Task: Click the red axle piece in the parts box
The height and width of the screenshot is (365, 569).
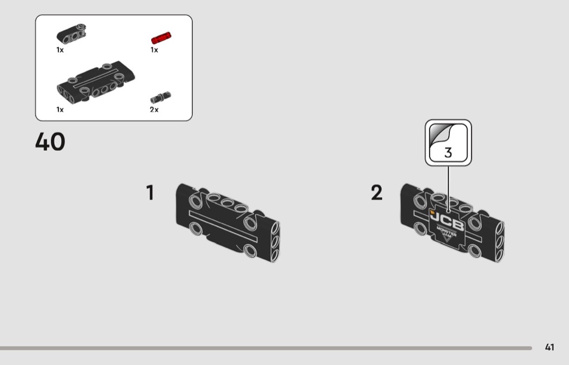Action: pyautogui.click(x=161, y=38)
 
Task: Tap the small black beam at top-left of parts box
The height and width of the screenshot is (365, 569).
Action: pyautogui.click(x=72, y=34)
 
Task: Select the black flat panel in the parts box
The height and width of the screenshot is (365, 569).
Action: pyautogui.click(x=96, y=82)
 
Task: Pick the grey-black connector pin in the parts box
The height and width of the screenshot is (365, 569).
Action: pyautogui.click(x=160, y=97)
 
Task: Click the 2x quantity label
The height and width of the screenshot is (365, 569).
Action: pyautogui.click(x=154, y=110)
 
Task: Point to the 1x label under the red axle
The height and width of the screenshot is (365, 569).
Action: pyautogui.click(x=154, y=50)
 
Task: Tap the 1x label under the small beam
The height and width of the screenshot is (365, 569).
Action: pyautogui.click(x=60, y=50)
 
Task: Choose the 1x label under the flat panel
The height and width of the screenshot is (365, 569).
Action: pyautogui.click(x=60, y=110)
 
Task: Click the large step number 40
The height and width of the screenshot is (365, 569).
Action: pyautogui.click(x=50, y=141)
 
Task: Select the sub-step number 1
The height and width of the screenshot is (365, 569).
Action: pyautogui.click(x=150, y=193)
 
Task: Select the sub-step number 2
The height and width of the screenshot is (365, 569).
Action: pyautogui.click(x=377, y=193)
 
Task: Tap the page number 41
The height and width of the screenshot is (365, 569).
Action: pyautogui.click(x=549, y=347)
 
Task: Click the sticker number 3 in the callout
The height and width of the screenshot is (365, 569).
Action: pyautogui.click(x=448, y=152)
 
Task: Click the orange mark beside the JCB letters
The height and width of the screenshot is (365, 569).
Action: pyautogui.click(x=432, y=212)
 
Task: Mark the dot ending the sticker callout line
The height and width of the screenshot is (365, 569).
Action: pyautogui.click(x=449, y=210)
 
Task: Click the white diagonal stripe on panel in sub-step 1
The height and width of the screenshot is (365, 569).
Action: pyautogui.click(x=223, y=227)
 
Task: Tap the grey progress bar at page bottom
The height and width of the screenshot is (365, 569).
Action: pyautogui.click(x=266, y=348)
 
